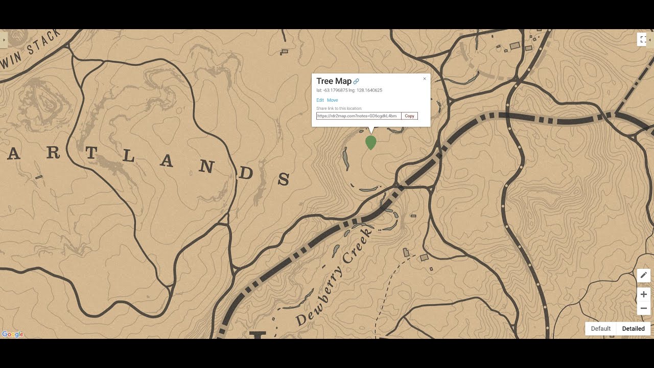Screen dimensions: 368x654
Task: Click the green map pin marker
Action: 371,142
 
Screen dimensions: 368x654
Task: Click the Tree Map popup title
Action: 334,81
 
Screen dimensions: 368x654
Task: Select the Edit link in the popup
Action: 320,100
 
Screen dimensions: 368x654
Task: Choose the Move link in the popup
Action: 332,100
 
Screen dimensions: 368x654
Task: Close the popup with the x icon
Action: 425,79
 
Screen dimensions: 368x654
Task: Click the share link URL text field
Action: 358,116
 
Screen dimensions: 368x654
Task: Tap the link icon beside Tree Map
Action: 357,82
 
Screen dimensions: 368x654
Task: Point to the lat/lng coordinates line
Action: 349,90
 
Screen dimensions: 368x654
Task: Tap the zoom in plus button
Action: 643,294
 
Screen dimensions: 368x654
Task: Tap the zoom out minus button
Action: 643,308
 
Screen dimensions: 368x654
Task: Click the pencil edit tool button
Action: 643,275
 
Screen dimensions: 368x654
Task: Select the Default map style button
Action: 601,329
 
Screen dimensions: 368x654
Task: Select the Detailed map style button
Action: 633,329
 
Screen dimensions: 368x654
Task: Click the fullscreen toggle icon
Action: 643,39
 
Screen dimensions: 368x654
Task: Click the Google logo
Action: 13,334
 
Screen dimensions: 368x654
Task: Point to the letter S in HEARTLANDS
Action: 284,179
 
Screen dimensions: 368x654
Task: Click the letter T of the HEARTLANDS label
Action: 90,152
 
